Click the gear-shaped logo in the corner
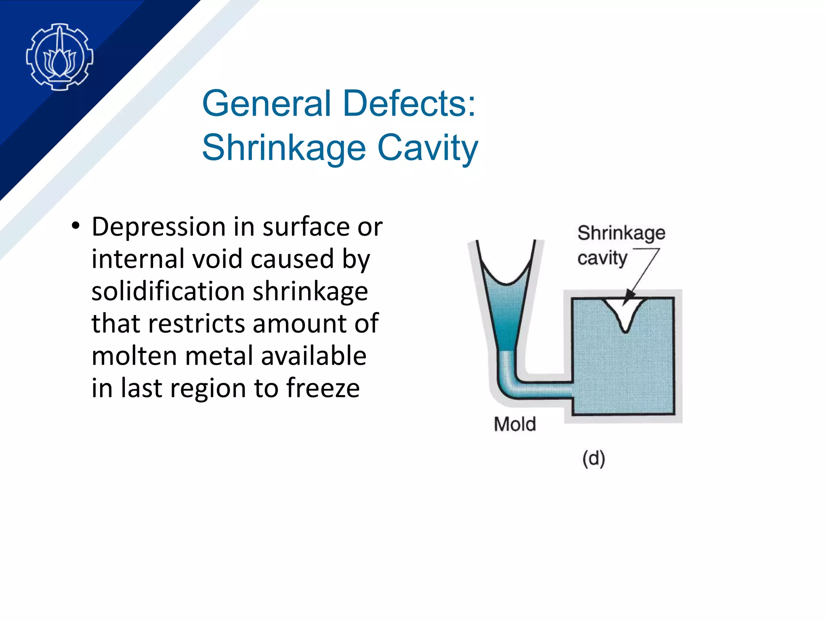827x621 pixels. [60, 57]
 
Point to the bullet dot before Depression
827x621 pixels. [75, 226]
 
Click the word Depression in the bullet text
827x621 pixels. [158, 227]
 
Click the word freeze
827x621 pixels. [323, 388]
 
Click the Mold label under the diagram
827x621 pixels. [514, 425]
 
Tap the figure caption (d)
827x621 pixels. [593, 458]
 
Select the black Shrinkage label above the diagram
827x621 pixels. [621, 233]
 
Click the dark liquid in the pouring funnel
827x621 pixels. [505, 315]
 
